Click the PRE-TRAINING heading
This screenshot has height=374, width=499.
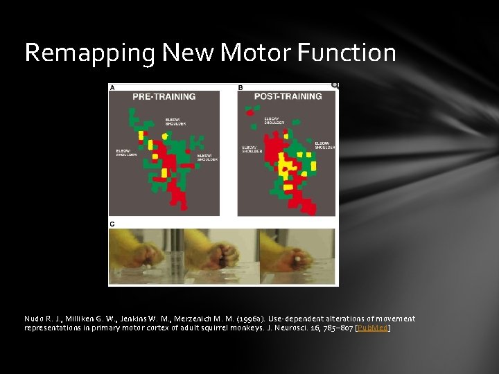pos(164,96)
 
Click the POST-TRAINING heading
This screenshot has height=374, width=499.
pos(288,96)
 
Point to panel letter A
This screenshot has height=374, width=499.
pos(112,88)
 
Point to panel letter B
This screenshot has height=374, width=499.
pos(240,88)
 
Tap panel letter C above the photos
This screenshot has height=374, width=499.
pos(112,224)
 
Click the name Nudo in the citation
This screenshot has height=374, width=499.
pos(34,319)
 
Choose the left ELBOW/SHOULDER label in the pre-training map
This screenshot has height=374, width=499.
pos(125,152)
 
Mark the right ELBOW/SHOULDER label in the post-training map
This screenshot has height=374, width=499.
pos(324,145)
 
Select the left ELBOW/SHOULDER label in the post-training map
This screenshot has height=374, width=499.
pos(252,149)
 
